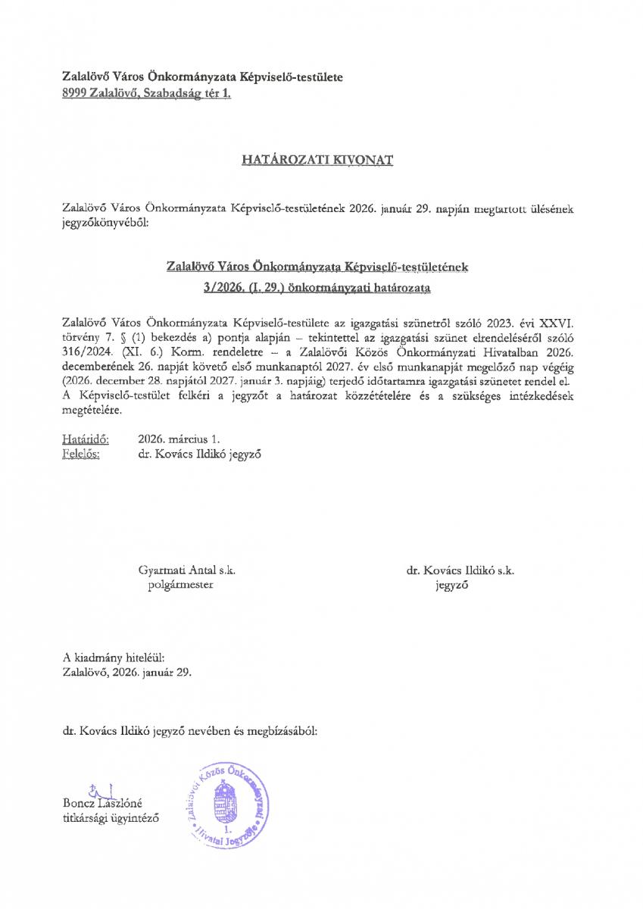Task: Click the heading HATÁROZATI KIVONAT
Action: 317,161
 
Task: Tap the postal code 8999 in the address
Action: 76,94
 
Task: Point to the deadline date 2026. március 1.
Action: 179,439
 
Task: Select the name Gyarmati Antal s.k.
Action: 181,570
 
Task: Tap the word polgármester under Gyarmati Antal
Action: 181,585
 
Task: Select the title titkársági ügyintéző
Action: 111,817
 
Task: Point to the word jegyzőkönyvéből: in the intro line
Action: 107,224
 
